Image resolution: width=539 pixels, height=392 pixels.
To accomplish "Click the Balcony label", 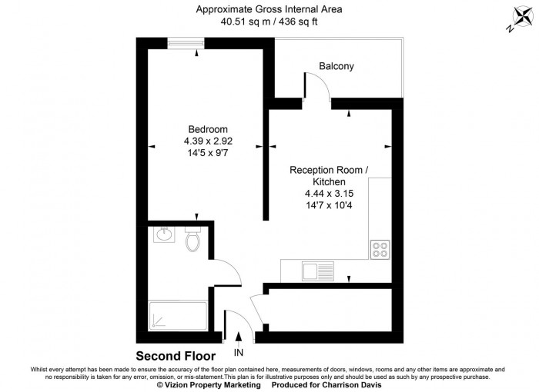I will coord(336,67).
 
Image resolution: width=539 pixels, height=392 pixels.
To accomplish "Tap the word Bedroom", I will coord(208,129).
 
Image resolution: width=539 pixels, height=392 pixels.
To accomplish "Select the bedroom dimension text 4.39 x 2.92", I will coord(208,141).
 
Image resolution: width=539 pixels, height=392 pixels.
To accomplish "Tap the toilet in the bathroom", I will coord(193,240).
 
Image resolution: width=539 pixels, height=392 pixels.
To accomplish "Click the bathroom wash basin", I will coord(163,234).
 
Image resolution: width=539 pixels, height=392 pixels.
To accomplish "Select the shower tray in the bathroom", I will coord(177,314).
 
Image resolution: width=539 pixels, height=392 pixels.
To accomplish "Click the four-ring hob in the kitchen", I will coord(380,249).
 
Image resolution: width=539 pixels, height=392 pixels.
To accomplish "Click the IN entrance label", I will coord(239,353).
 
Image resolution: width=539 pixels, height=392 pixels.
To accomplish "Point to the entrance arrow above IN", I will coord(239,337).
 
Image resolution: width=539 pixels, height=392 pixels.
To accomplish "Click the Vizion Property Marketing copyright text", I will coord(209,386).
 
